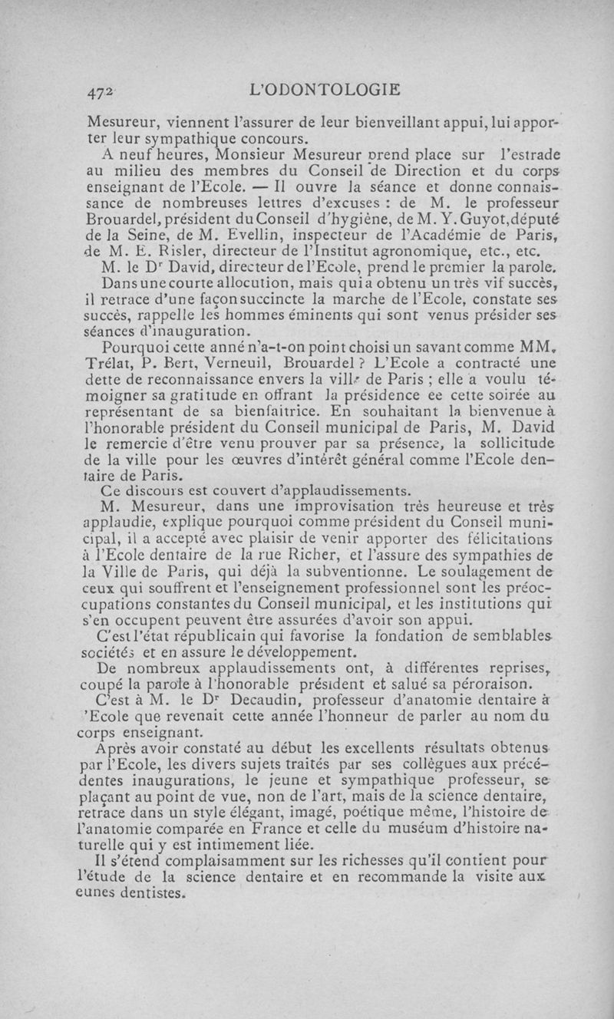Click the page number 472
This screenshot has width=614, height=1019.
pos(100,91)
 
